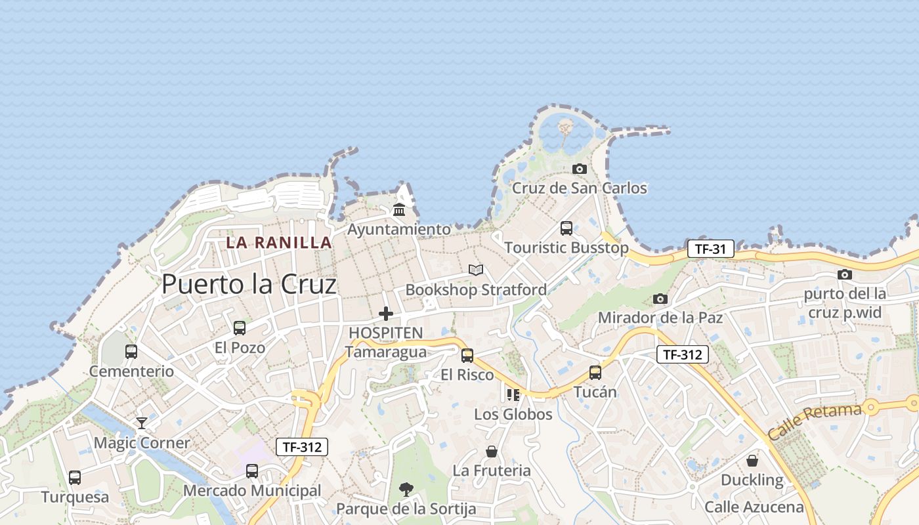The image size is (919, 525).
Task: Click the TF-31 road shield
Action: click(710, 249)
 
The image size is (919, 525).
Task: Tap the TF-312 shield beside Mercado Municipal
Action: click(301, 447)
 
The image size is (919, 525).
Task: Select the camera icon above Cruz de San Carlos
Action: click(579, 169)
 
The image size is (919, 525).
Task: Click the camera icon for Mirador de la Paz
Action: click(660, 299)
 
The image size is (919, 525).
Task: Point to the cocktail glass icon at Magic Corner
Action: click(142, 423)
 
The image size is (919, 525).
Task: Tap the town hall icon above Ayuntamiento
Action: click(398, 210)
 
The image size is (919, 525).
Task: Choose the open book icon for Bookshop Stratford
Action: click(476, 270)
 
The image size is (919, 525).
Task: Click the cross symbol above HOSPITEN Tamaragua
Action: click(386, 314)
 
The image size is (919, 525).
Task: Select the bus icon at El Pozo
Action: click(240, 327)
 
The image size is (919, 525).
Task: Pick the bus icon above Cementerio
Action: click(131, 352)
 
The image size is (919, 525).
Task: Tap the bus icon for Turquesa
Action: click(75, 478)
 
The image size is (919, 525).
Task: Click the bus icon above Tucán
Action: click(595, 373)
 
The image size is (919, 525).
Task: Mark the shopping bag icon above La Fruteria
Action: click(491, 451)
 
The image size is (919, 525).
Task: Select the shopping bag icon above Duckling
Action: click(752, 461)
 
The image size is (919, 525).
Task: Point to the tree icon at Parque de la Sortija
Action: click(406, 489)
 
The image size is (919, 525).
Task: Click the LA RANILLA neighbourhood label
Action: click(279, 242)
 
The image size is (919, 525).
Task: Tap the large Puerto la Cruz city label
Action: click(249, 284)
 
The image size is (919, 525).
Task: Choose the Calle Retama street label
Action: click(814, 423)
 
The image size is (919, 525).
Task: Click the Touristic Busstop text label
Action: click(566, 247)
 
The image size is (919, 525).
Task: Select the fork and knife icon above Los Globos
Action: click(513, 395)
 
